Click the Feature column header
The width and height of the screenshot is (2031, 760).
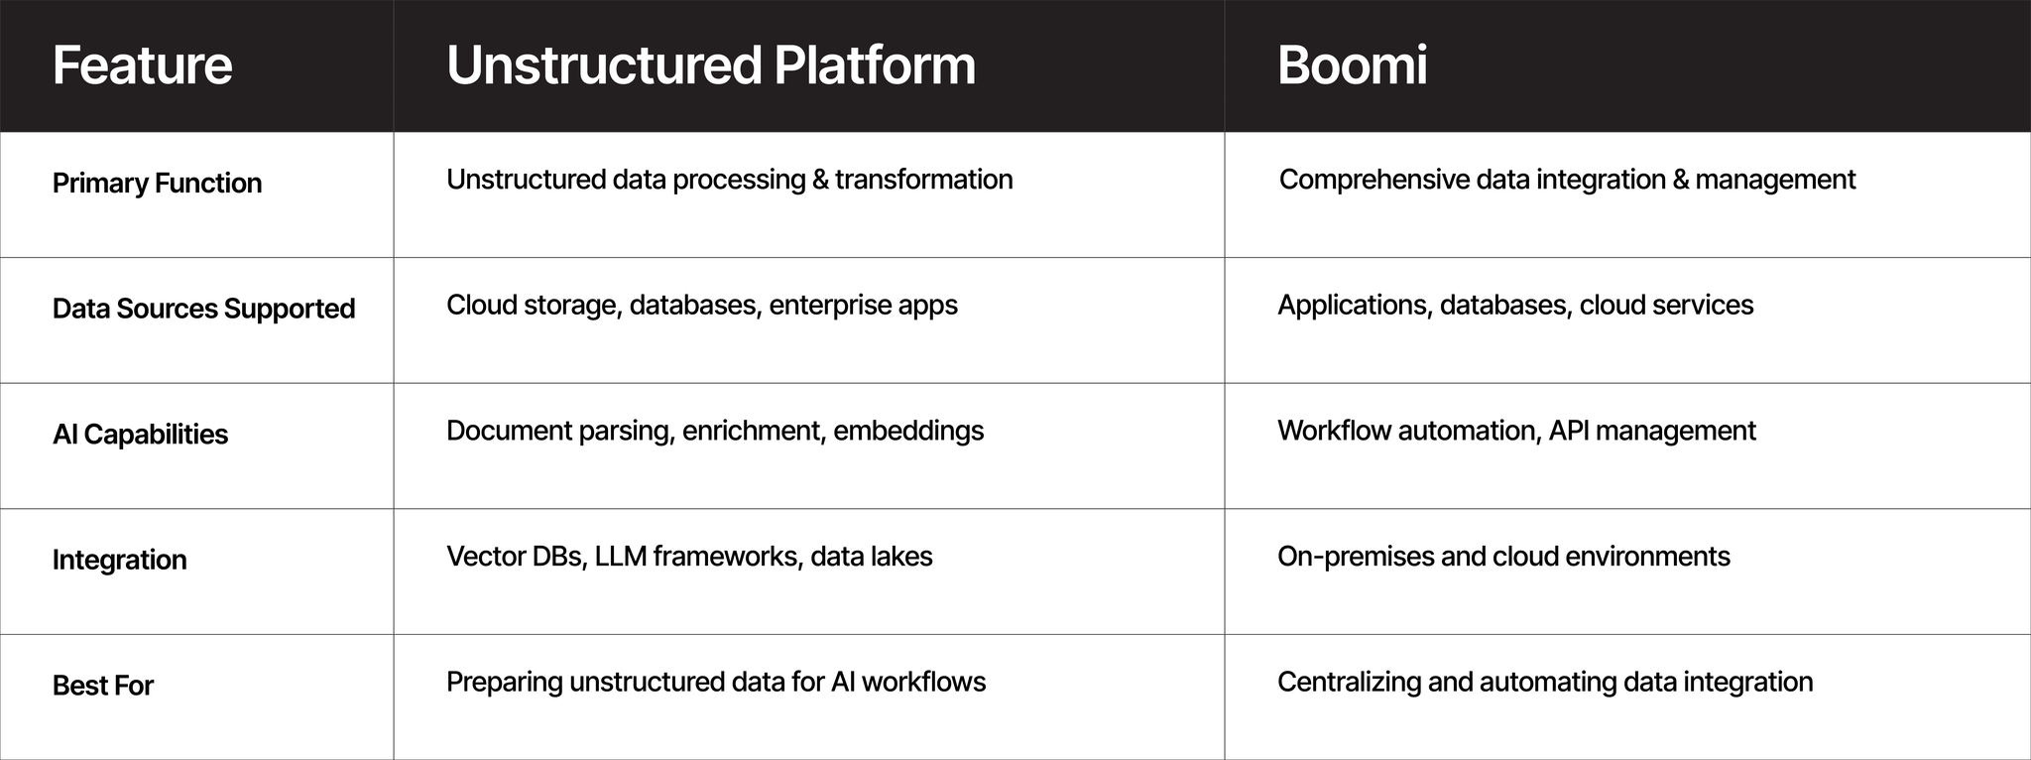[x=143, y=65]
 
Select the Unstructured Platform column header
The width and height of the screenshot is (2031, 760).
[x=711, y=65]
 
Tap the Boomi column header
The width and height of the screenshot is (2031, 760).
[x=1352, y=65]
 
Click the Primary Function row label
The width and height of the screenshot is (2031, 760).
[x=157, y=184]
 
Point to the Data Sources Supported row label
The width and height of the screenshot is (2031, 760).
[x=203, y=309]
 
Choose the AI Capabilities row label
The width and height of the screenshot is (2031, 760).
[x=140, y=435]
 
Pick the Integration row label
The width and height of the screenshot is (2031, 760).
[x=119, y=560]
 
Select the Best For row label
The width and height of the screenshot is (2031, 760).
[x=103, y=686]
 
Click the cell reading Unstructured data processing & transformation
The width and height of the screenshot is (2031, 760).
[x=730, y=180]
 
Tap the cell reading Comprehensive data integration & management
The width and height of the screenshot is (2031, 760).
[x=1567, y=180]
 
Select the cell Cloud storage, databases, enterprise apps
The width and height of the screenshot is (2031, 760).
[x=702, y=306]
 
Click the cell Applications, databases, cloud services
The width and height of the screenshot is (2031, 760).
[x=1515, y=306]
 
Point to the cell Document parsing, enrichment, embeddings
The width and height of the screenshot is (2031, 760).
[x=715, y=432]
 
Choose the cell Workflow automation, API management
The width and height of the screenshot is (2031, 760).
[x=1516, y=432]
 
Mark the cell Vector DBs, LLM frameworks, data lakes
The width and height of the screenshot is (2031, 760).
[x=689, y=557]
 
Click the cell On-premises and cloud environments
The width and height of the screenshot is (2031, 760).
[x=1503, y=557]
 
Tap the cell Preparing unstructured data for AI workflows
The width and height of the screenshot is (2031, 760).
[x=716, y=683]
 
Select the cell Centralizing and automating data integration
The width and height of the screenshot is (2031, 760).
[x=1545, y=683]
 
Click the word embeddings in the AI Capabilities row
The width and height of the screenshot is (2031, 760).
[x=908, y=432]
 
